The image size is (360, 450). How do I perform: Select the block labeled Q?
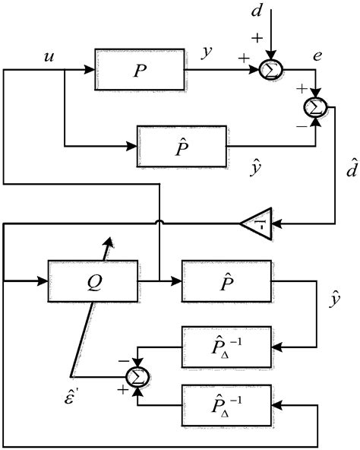(x=93, y=280)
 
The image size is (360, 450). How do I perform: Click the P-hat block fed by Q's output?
(x=226, y=280)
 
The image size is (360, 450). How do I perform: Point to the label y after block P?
(x=207, y=52)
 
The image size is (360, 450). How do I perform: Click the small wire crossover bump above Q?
(x=160, y=224)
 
